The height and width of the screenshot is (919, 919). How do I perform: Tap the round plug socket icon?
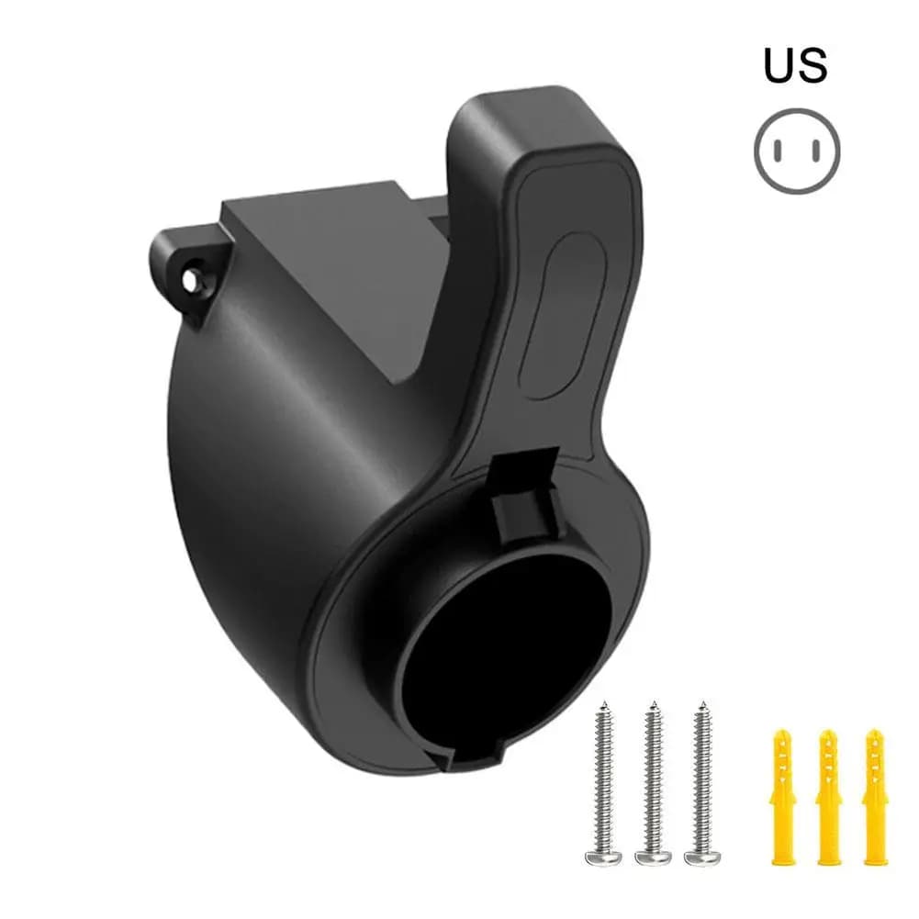click(x=797, y=151)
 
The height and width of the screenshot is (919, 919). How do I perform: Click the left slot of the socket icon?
click(x=778, y=151)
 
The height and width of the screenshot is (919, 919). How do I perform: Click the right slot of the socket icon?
click(x=816, y=151)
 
